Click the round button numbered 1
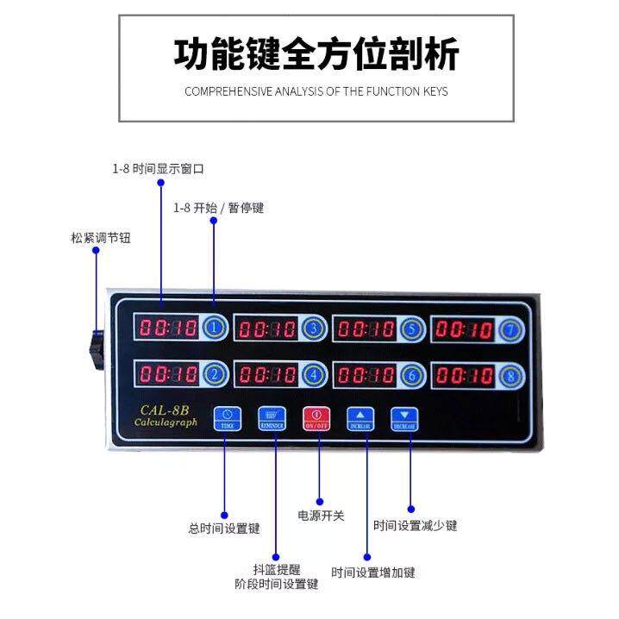click(214, 328)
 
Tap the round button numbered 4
click(313, 375)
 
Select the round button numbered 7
click(512, 329)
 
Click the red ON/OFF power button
click(315, 417)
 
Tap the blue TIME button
click(227, 417)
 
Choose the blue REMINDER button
click(271, 417)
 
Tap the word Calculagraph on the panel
click(166, 422)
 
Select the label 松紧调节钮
click(102, 237)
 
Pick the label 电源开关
click(321, 516)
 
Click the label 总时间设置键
click(224, 528)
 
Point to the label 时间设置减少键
click(415, 525)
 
